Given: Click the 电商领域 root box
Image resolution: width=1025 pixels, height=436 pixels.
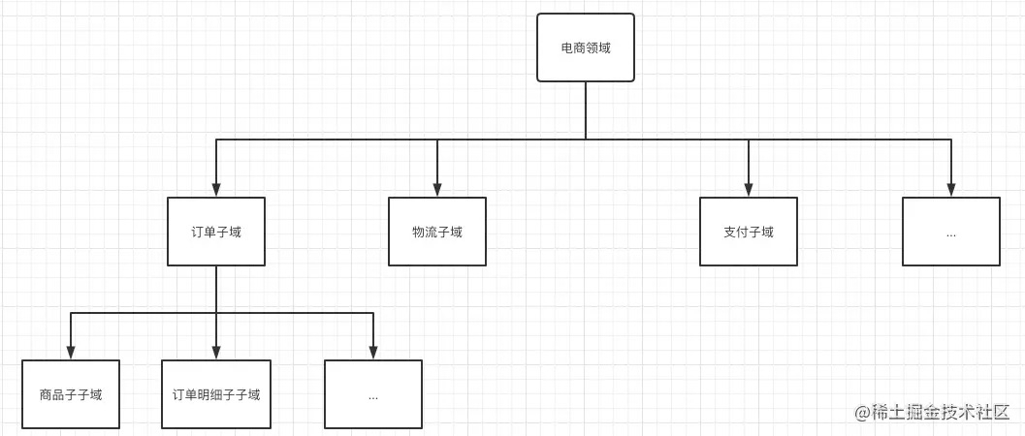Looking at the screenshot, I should pos(586,47).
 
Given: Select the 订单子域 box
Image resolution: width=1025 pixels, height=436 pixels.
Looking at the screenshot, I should pos(216,232).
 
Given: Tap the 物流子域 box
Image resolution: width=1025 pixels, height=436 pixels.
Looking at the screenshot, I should pos(437,232).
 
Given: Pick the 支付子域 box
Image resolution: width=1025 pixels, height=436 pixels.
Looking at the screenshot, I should pos(749,232).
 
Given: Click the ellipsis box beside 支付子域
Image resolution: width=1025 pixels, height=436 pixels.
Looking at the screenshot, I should pos(950,232).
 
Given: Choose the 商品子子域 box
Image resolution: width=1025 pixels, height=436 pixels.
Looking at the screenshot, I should pos(71,394).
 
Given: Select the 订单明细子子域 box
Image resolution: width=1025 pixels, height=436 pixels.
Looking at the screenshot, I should pos(216,394).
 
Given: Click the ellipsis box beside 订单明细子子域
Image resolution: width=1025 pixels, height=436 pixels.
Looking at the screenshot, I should pos(373,394).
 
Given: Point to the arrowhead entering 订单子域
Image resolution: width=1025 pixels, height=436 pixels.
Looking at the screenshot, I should pos(216,191).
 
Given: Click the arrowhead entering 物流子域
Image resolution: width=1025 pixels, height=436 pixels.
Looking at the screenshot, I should pos(437,191).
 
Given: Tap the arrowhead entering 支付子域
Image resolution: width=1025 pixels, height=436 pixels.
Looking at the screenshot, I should pos(749,191).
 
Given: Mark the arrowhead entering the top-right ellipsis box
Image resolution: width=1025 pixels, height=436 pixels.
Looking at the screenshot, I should pos(950,191).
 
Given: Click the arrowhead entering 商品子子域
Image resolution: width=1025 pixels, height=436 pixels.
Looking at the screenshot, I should pos(71,354).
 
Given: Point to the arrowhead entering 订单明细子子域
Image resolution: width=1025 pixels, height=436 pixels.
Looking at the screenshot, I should pos(216,354).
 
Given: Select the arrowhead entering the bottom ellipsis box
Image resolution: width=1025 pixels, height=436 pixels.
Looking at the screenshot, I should pos(373,354).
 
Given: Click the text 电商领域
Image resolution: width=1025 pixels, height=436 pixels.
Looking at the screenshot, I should pos(586,47).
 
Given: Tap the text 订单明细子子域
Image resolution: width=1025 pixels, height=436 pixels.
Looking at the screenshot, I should pos(216,394).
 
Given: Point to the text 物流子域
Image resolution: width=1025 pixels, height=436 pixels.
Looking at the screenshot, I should pos(437,232).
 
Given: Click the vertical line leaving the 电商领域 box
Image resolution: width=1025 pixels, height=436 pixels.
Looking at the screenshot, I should pos(586,110).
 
